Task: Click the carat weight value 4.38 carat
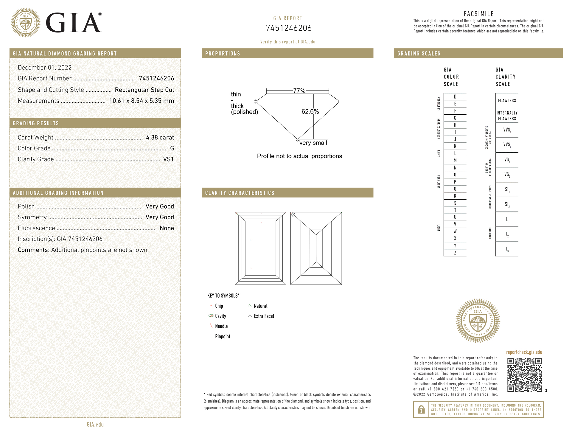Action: (160, 137)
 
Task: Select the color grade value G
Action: (172, 148)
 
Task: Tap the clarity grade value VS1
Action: (168, 159)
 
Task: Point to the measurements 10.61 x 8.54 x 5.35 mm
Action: (142, 101)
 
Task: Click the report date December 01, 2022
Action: (45, 68)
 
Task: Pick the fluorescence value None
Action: (167, 228)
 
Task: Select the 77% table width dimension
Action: (299, 91)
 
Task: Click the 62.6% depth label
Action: (310, 111)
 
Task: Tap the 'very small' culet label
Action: (313, 143)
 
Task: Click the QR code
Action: (524, 375)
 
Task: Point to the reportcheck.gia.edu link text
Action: (524, 352)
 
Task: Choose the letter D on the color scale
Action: (455, 97)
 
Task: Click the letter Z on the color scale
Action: (455, 253)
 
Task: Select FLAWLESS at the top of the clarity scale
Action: (507, 101)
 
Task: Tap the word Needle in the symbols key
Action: (221, 326)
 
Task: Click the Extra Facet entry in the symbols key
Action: (264, 316)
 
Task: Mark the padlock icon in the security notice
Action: (421, 410)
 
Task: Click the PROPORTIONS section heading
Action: (223, 54)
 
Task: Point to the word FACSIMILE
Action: (479, 14)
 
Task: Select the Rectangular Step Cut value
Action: (144, 90)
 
